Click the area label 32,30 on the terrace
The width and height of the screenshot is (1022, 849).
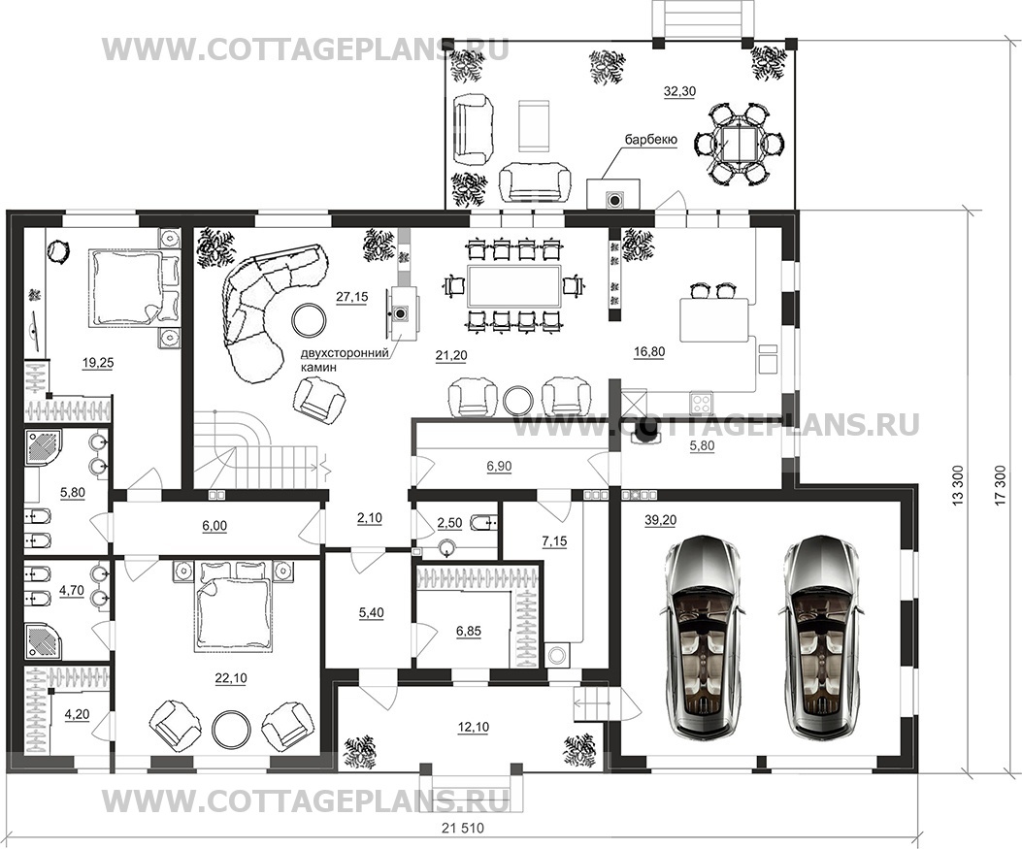[679, 92]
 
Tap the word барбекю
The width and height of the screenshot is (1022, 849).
[650, 140]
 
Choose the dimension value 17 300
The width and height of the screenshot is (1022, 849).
[1003, 485]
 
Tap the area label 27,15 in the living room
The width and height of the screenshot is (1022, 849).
[352, 297]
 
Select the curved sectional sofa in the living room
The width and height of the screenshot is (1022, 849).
[264, 307]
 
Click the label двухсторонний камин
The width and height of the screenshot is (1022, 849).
[345, 359]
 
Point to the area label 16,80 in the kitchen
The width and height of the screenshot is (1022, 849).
[649, 352]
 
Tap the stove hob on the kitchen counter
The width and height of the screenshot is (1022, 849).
[701, 400]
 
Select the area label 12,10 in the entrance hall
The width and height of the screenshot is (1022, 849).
[474, 727]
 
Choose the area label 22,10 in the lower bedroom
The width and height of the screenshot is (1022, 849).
[231, 678]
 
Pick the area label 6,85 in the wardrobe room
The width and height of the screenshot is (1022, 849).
[468, 631]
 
